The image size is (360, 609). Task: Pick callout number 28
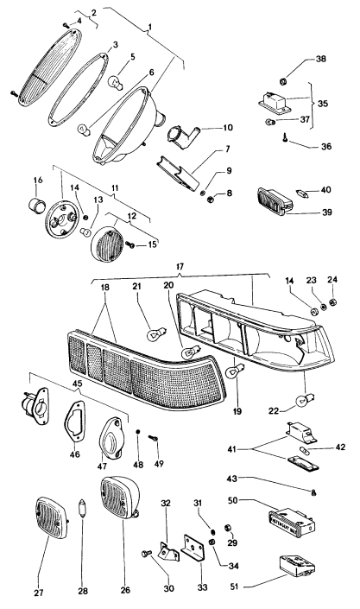[83, 592]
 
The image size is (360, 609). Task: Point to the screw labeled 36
[287, 135]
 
